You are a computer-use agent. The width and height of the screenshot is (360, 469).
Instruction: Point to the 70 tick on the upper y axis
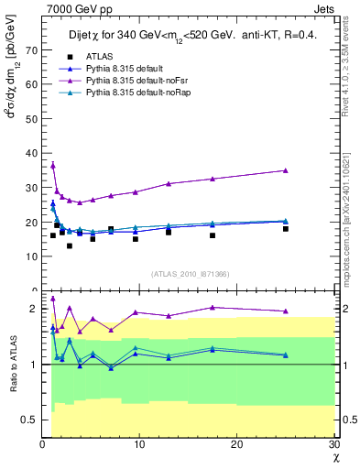(x=31, y=50)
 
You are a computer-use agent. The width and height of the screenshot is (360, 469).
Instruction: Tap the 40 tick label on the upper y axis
(x=31, y=153)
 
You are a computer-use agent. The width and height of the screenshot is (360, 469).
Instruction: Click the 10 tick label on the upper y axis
(x=31, y=256)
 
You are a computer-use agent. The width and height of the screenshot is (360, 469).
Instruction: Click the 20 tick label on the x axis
(x=236, y=445)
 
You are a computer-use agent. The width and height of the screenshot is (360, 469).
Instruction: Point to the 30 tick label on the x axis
(x=333, y=445)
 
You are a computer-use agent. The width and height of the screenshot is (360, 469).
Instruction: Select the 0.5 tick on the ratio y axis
(x=29, y=420)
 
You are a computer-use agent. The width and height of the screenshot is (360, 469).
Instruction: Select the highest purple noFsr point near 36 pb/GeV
(x=53, y=166)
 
